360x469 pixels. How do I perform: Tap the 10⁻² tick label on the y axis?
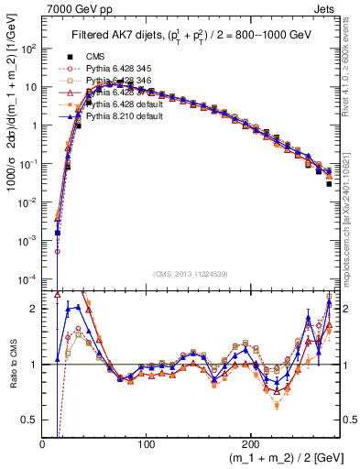pos(29,201)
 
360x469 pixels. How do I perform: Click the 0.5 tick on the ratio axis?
pos(30,420)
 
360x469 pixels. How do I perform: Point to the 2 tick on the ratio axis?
pos(35,309)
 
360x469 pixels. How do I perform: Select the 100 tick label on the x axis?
pos(147,443)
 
